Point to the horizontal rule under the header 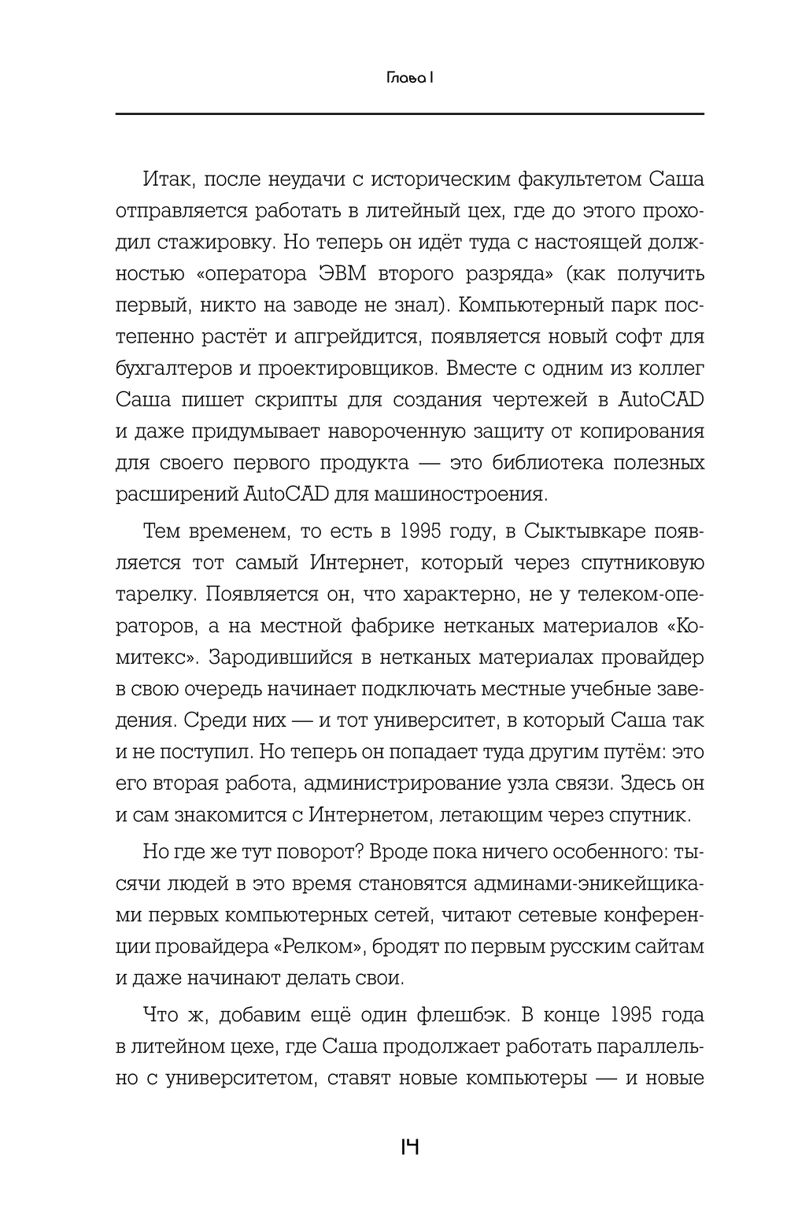(410, 114)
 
